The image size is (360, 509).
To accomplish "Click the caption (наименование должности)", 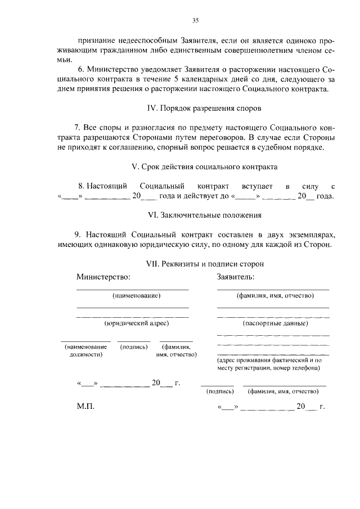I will coord(86,351).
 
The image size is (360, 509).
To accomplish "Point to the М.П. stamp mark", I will coord(85,406).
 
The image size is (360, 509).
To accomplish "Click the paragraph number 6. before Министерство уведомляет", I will coord(81,69).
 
